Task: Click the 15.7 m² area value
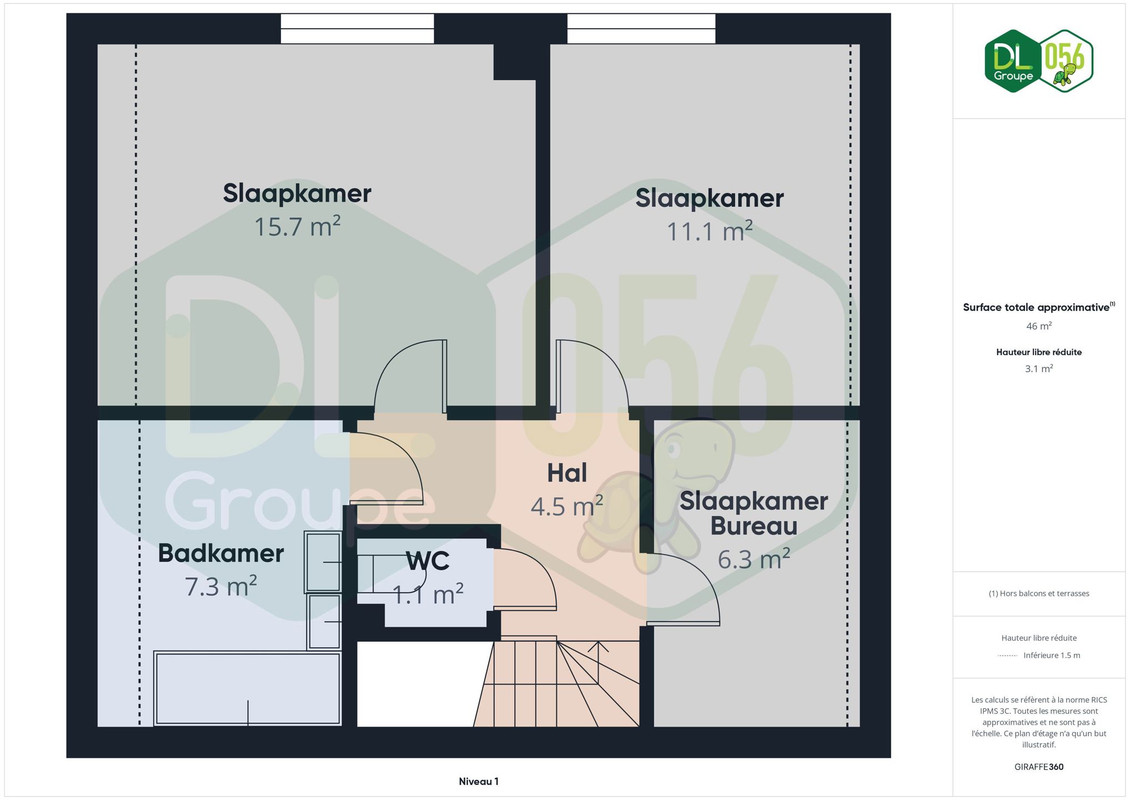pos(297,227)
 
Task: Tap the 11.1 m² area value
pos(710,231)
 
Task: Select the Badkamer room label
pos(221,553)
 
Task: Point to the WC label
pos(428,561)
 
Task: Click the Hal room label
pos(567,473)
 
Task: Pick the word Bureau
pos(754,526)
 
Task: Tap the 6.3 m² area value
pos(754,559)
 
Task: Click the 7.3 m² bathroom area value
pos(221,587)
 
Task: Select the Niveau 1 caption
pos(479,782)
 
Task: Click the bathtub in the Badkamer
pos(248,689)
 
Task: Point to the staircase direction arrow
pos(598,662)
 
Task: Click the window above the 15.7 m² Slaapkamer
pos(357,28)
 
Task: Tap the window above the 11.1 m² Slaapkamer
pos(641,28)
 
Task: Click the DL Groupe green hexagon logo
pos(1013,61)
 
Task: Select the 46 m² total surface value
pos(1039,326)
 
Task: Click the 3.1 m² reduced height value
pos(1039,368)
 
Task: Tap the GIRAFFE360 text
pos(1039,767)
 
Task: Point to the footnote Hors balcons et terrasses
pos(1039,593)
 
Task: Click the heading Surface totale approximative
pos(1036,307)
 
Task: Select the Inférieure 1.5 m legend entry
pos(1052,656)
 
